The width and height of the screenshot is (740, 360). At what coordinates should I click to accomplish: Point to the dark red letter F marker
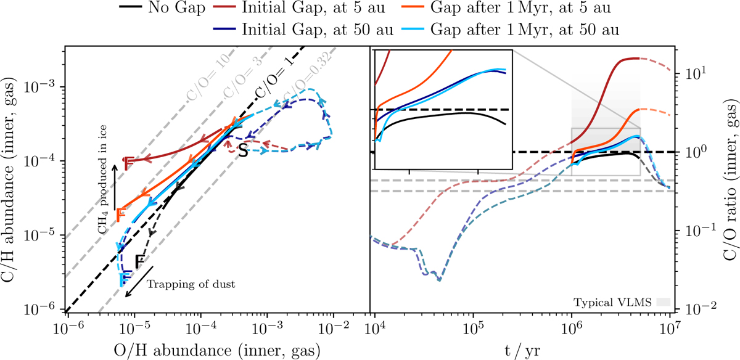pyautogui.click(x=128, y=164)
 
